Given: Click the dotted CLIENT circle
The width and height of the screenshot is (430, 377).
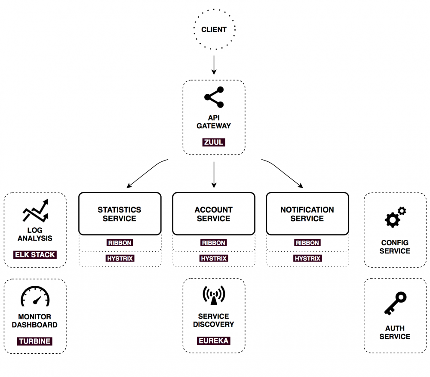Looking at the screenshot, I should (214, 30).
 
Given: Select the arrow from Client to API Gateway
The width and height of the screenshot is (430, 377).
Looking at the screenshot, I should (214, 65).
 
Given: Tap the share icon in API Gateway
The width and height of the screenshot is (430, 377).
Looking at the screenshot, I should (214, 97).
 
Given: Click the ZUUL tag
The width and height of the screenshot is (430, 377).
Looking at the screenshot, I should (214, 142).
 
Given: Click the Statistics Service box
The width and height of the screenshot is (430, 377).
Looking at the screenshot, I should (120, 214).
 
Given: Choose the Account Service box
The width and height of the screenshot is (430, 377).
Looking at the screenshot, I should (214, 214).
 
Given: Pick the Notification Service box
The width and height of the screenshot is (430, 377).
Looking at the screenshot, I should (307, 214).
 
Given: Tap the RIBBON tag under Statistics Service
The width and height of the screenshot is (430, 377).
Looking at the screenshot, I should (120, 243).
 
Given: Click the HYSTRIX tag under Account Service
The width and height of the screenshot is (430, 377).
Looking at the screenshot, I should (214, 259).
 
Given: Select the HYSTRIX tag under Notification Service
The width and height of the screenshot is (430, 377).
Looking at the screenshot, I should (307, 259).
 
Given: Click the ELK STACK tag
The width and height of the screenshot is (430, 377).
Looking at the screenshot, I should (35, 255).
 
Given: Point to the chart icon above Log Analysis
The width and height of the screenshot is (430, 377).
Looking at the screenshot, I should (35, 211).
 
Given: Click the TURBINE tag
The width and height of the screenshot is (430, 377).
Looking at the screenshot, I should (35, 341).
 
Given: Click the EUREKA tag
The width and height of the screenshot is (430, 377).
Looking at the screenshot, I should (214, 341).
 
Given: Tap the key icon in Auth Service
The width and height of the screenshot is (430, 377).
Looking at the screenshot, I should (395, 303).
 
